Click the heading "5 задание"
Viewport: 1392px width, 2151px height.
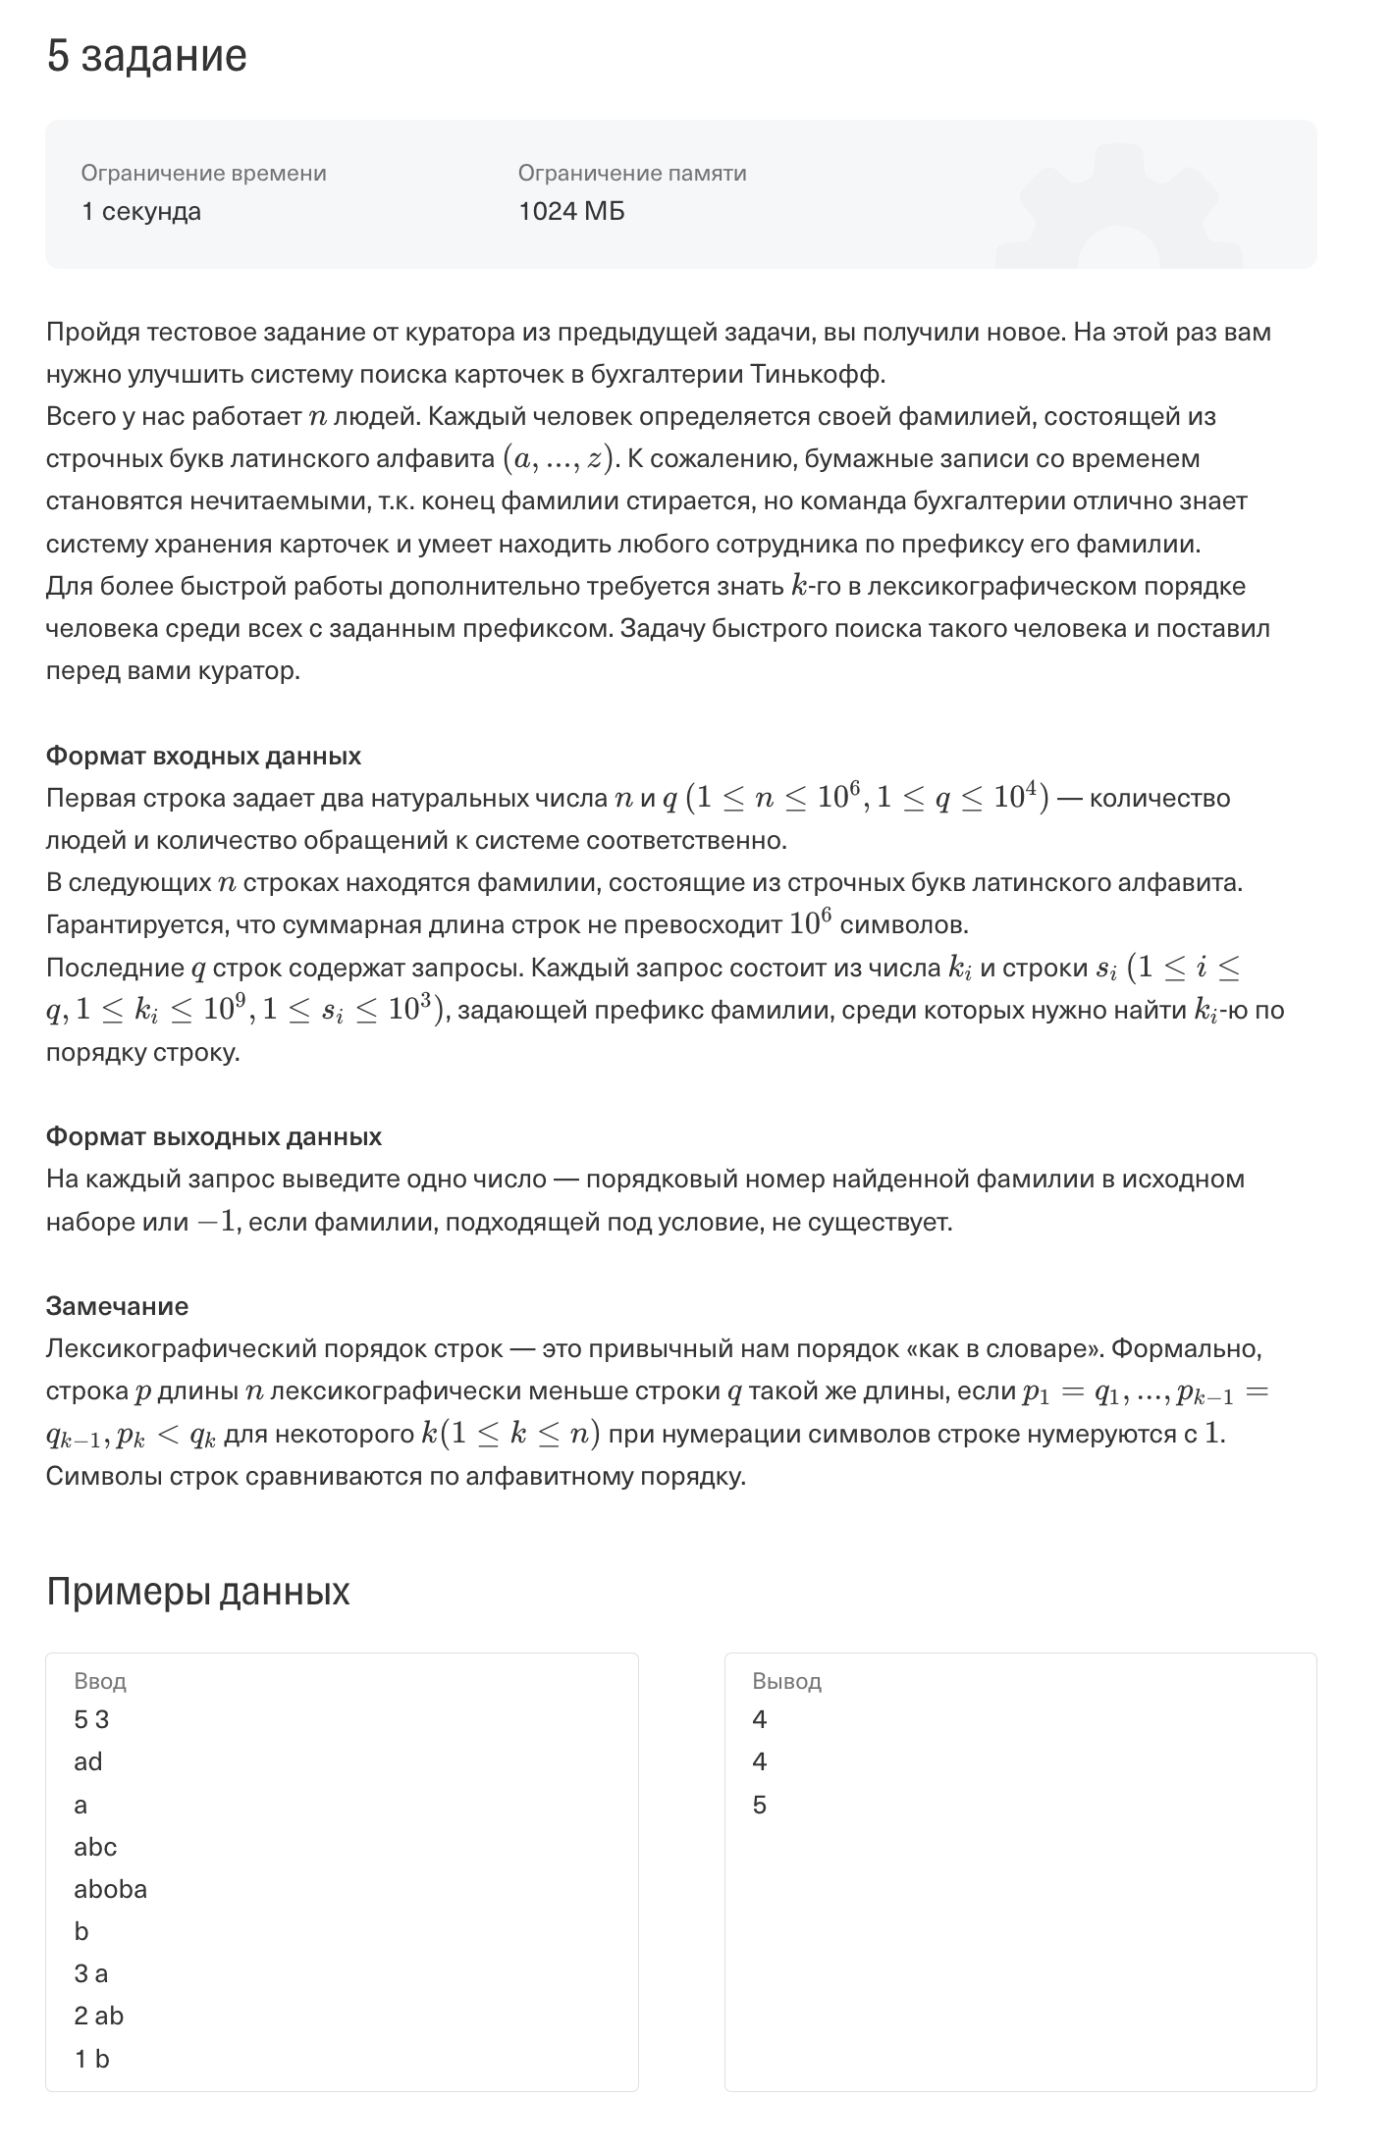pyautogui.click(x=146, y=56)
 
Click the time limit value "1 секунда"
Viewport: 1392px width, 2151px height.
pyautogui.click(x=141, y=211)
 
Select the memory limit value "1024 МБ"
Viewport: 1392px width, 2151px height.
pyautogui.click(x=571, y=211)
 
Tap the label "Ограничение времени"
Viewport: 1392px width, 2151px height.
pyautogui.click(x=203, y=173)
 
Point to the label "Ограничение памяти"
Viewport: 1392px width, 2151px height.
pyautogui.click(x=632, y=173)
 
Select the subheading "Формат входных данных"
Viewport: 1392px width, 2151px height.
pyautogui.click(x=203, y=756)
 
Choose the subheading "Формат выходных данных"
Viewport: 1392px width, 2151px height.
pyautogui.click(x=213, y=1136)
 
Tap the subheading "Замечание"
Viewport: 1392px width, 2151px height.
pyautogui.click(x=117, y=1306)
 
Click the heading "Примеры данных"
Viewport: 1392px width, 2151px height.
pyautogui.click(x=197, y=1591)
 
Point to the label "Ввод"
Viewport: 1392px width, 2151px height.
pyautogui.click(x=100, y=1681)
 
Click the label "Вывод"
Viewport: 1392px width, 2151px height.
pyautogui.click(x=786, y=1681)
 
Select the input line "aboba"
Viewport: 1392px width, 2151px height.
pyautogui.click(x=110, y=1889)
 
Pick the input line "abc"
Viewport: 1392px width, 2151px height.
pyautogui.click(x=95, y=1847)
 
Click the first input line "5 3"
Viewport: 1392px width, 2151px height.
pyautogui.click(x=91, y=1719)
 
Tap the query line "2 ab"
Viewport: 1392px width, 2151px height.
pyautogui.click(x=98, y=2016)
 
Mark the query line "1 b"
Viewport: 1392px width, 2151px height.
pyautogui.click(x=91, y=2059)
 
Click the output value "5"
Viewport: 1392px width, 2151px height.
pyautogui.click(x=759, y=1805)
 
